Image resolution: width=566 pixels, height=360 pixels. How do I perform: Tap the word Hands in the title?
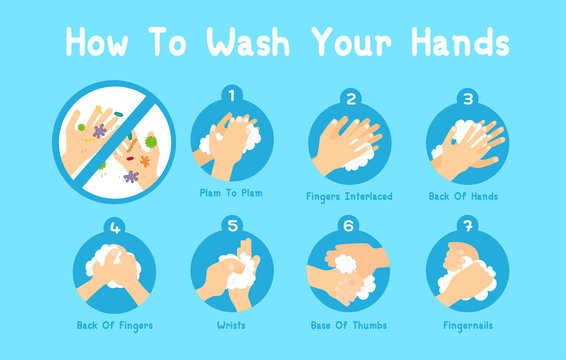(x=451, y=41)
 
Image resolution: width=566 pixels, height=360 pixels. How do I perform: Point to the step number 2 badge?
(x=350, y=97)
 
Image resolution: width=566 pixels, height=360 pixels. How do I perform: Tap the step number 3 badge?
(x=466, y=97)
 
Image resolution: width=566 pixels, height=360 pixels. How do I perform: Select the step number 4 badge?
(x=114, y=228)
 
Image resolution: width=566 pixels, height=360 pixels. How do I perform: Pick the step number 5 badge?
(x=232, y=226)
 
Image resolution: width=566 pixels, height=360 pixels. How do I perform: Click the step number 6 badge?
(x=350, y=226)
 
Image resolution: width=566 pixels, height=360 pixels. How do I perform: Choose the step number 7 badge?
(x=466, y=226)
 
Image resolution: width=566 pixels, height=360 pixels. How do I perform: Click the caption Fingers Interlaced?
(x=349, y=196)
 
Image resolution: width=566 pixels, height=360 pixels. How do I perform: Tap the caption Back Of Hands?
(x=465, y=196)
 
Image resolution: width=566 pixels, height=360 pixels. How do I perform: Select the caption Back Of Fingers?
(x=114, y=325)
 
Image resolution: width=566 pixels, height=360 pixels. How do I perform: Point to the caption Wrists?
(x=232, y=325)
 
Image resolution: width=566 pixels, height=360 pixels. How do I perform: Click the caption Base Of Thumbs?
(x=349, y=325)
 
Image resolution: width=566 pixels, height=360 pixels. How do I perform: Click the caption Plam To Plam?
(x=231, y=192)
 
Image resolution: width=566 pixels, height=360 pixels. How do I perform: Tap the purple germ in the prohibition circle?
(x=99, y=131)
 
